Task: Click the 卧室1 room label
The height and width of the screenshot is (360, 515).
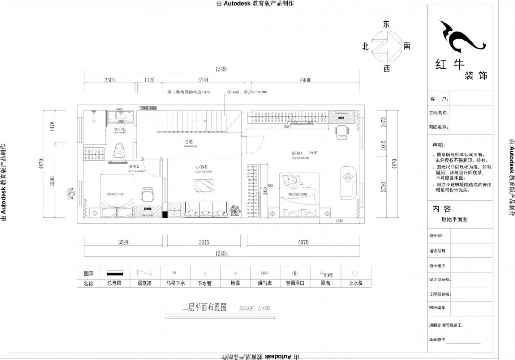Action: tap(298, 153)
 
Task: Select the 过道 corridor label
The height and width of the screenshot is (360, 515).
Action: tap(189, 142)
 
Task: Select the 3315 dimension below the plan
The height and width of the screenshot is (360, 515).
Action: tap(204, 242)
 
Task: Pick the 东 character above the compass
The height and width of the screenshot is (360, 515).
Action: tap(386, 24)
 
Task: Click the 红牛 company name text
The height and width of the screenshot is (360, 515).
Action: tap(450, 64)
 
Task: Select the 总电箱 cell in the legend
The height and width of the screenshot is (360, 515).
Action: tap(114, 283)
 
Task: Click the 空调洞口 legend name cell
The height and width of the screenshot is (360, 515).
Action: tap(295, 283)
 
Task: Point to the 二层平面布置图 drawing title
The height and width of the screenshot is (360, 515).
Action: tap(204, 308)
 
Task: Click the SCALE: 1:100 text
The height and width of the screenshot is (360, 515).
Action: tap(255, 309)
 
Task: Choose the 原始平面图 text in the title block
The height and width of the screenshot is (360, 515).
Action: tap(451, 220)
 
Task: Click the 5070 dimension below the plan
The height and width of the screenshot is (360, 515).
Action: tap(303, 242)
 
